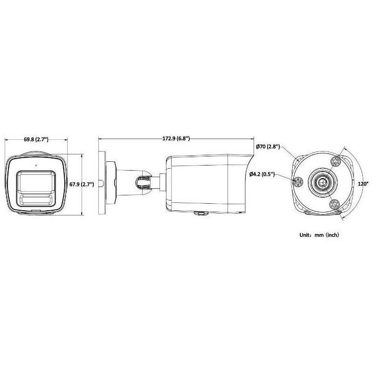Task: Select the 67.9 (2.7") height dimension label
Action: [82, 184]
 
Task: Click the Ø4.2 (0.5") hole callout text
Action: [261, 174]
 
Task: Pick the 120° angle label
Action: [363, 184]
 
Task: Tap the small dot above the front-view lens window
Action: [36, 165]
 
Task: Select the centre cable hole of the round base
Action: [320, 182]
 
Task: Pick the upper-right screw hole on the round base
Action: [334, 162]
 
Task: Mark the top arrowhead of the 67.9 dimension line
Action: [82, 156]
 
